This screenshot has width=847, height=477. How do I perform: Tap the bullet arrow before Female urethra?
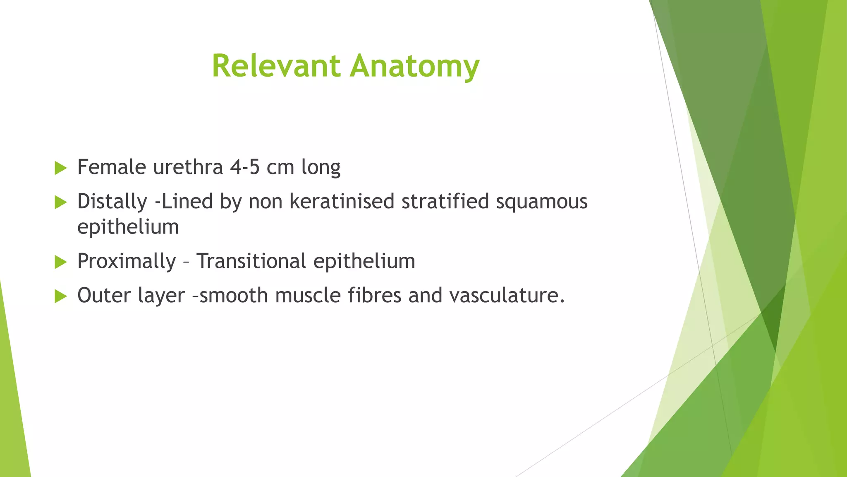pos(60,168)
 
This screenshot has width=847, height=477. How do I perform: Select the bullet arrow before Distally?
pos(60,202)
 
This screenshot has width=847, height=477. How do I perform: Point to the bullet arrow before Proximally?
pos(60,262)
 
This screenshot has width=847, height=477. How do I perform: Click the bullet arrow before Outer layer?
pos(60,296)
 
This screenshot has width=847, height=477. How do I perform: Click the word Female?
pos(112,167)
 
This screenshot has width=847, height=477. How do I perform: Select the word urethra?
pos(188,167)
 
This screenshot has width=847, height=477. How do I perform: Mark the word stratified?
pos(445,202)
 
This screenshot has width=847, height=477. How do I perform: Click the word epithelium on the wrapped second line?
pos(128,227)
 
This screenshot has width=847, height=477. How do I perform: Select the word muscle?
pos(308,296)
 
